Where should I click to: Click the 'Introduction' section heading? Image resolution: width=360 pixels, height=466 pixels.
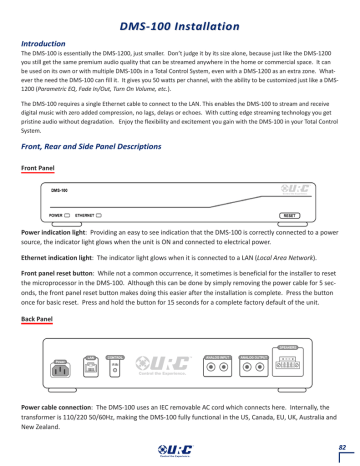pyautogui.click(x=43, y=44)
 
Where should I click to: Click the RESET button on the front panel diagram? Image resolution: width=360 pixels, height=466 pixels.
pyautogui.click(x=289, y=215)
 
